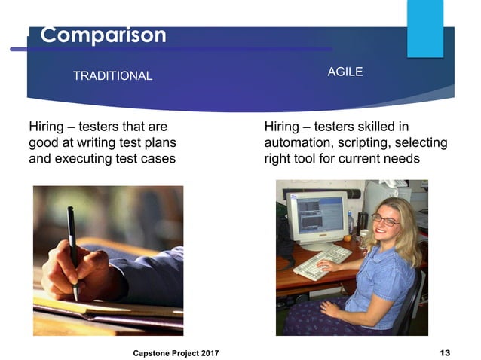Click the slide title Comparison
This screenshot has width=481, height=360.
(103, 35)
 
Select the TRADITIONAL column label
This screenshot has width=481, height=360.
(112, 75)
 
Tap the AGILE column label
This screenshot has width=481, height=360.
(345, 72)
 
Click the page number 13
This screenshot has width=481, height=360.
(444, 352)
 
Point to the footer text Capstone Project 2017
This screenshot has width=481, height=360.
(176, 352)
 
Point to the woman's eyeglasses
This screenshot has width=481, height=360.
(385, 220)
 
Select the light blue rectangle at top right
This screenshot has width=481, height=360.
(425, 28)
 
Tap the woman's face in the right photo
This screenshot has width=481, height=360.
(386, 222)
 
